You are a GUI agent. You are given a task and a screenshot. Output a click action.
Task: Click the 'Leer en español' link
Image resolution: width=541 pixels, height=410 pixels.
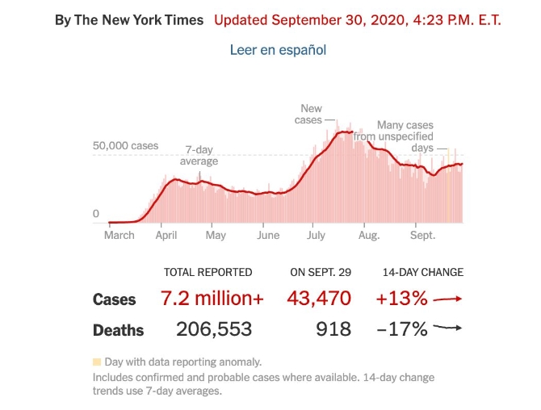tap(278, 49)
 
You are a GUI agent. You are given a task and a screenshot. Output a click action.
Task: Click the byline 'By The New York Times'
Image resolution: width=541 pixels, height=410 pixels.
tap(129, 19)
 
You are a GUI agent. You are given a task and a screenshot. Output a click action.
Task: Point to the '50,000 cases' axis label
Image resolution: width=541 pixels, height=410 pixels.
tap(125, 146)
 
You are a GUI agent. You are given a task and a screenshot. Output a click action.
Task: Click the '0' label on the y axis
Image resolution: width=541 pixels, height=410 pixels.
tap(96, 214)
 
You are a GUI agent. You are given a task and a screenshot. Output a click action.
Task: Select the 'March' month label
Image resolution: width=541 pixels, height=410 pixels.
tap(120, 235)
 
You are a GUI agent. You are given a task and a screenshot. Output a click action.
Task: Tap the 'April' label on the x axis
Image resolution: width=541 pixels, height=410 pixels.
tap(166, 235)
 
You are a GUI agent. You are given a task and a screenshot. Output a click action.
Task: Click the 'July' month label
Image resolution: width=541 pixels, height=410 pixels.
tap(316, 235)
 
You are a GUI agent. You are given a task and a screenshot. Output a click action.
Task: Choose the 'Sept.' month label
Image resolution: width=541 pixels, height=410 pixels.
tap(422, 235)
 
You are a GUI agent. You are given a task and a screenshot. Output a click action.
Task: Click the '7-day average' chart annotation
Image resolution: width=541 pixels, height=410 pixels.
tap(199, 155)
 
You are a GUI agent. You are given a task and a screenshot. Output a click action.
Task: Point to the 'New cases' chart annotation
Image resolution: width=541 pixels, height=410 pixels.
tap(311, 114)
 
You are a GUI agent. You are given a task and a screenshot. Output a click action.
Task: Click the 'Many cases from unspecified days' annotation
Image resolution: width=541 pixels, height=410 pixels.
tap(405, 136)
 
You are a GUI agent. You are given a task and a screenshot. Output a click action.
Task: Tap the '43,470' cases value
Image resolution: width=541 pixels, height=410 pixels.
tap(319, 299)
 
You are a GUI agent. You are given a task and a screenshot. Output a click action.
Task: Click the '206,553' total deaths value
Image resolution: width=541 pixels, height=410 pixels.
tap(214, 329)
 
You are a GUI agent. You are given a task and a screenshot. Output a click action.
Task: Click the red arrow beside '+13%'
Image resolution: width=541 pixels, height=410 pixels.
tap(447, 299)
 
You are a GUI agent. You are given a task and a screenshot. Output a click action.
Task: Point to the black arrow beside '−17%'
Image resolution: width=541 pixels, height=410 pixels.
tap(447, 328)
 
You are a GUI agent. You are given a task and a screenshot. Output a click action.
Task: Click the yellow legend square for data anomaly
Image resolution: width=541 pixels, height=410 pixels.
tap(97, 362)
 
